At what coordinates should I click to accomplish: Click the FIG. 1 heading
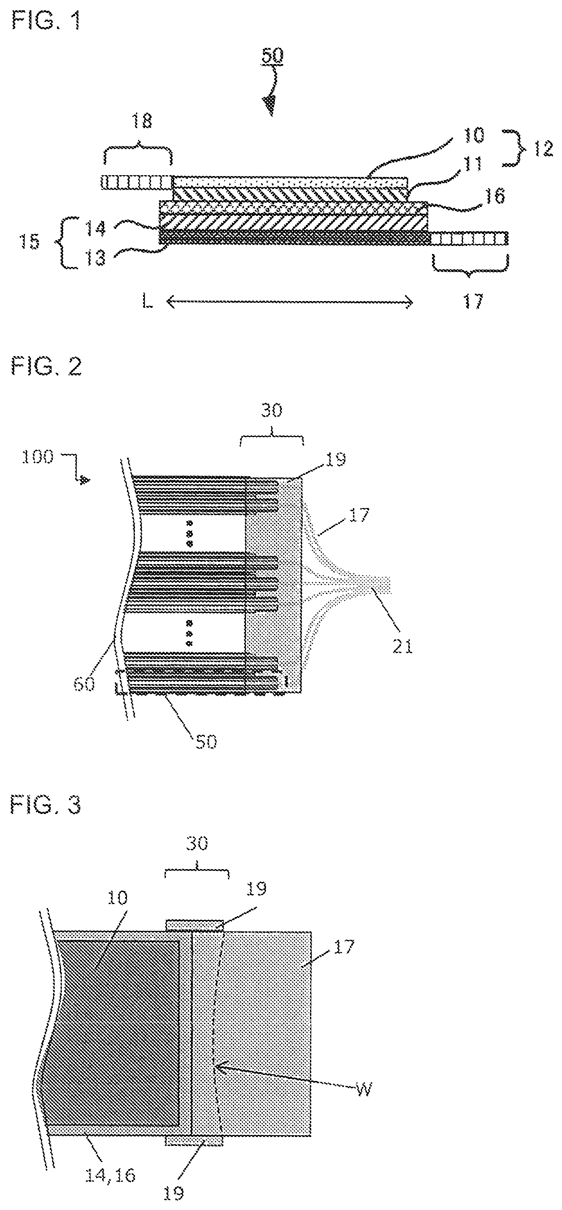[46, 21]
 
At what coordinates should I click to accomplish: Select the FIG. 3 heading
[47, 805]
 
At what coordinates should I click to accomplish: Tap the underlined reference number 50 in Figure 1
[272, 56]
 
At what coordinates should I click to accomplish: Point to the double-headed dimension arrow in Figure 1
[289, 303]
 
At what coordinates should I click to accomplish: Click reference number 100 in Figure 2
[37, 456]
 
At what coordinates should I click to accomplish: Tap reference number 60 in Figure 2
[84, 683]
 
